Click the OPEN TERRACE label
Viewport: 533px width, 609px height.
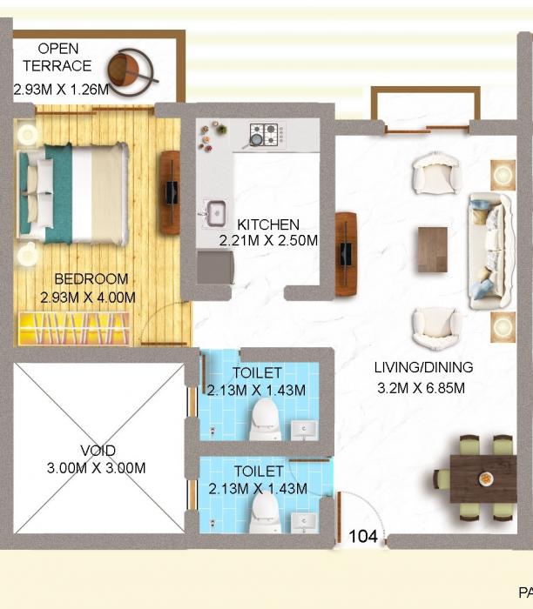[x=57, y=57]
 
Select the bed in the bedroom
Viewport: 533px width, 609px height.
[x=73, y=193]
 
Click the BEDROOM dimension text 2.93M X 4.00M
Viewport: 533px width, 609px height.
[x=88, y=297]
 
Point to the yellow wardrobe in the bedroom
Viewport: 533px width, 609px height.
[x=74, y=331]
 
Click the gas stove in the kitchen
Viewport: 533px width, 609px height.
[x=266, y=134]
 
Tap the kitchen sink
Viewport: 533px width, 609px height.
[x=213, y=211]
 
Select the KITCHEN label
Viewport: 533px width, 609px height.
[x=268, y=224]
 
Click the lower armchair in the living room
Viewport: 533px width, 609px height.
[x=436, y=327]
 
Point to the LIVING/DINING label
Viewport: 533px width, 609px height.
[x=423, y=367]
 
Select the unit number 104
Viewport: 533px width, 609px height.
[x=363, y=537]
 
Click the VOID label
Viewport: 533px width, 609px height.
[x=97, y=451]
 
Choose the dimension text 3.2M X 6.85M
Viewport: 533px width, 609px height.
[x=420, y=388]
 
